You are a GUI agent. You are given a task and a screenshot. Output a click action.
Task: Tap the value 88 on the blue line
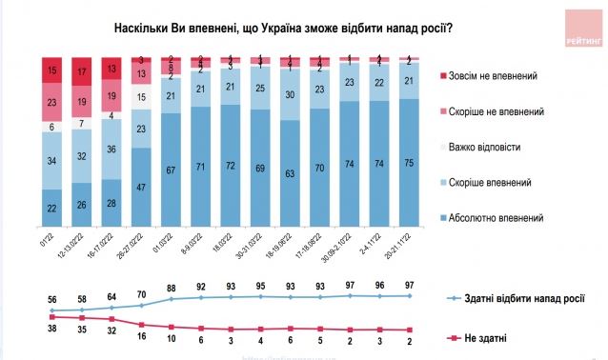[x=172, y=289]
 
